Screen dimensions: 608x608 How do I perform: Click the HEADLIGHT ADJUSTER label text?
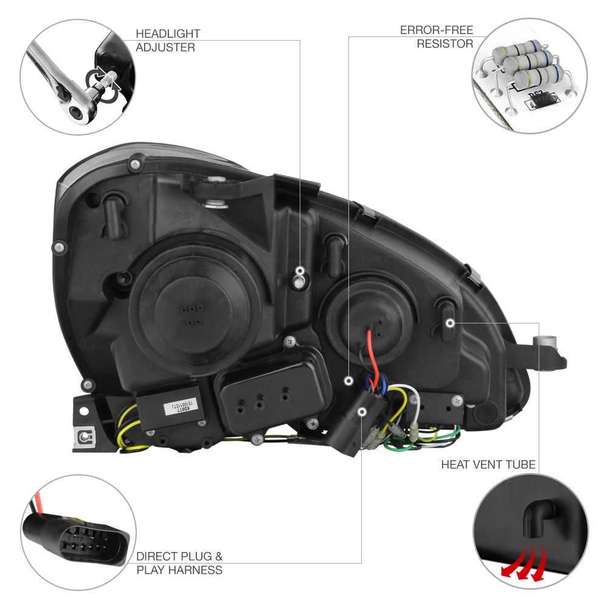pos(167,40)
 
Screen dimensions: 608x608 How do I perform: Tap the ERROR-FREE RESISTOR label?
pos(436,36)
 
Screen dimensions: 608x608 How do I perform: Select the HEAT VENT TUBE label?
pos(488,465)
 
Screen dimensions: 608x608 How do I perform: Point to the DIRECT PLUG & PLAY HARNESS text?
pos(179,563)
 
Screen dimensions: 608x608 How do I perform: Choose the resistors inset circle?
pos(530,76)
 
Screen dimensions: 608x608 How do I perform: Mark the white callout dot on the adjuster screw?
pos(299,270)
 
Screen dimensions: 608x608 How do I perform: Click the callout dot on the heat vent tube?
pos(450,322)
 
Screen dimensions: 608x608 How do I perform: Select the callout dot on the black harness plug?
pos(362,412)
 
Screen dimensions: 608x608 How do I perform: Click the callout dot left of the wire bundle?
pos(348,381)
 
